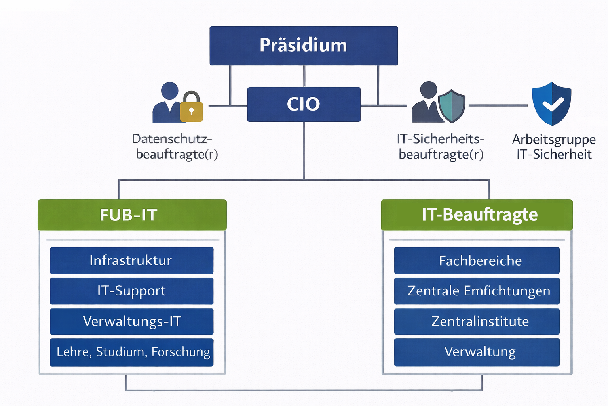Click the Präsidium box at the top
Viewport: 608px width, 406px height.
(304, 46)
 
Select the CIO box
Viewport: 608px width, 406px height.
(304, 104)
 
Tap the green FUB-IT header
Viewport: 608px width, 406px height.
(132, 215)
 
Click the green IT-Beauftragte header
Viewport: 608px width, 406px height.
(477, 215)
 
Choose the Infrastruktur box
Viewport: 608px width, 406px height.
(131, 260)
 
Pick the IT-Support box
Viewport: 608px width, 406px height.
(131, 291)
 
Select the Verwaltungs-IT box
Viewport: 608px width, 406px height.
(131, 322)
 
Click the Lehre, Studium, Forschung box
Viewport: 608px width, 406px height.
(131, 352)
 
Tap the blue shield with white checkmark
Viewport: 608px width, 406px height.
(551, 104)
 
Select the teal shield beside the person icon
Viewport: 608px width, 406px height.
(452, 106)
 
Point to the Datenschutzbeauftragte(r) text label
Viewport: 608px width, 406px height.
(174, 146)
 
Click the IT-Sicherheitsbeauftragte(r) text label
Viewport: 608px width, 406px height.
(441, 146)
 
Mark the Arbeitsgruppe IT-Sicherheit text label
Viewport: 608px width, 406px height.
(554, 147)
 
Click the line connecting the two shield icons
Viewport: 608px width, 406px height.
(498, 105)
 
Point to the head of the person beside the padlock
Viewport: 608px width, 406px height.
(170, 91)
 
